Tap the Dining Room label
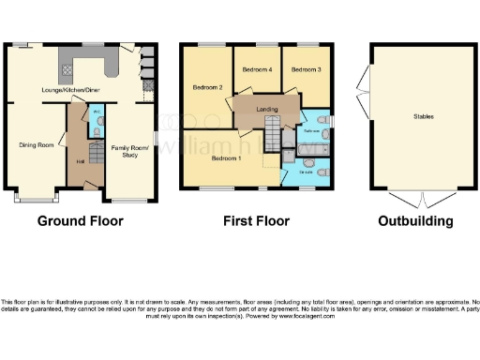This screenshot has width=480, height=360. [x=37, y=145]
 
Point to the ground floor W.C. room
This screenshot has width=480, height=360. [x=97, y=123]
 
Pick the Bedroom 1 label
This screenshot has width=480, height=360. [x=226, y=158]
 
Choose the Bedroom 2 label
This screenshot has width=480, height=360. [x=207, y=87]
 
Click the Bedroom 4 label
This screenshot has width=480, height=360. [x=257, y=69]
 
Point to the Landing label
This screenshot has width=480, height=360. [x=266, y=109]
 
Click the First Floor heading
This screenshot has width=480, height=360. [x=256, y=222]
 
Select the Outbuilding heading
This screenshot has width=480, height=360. [x=415, y=222]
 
